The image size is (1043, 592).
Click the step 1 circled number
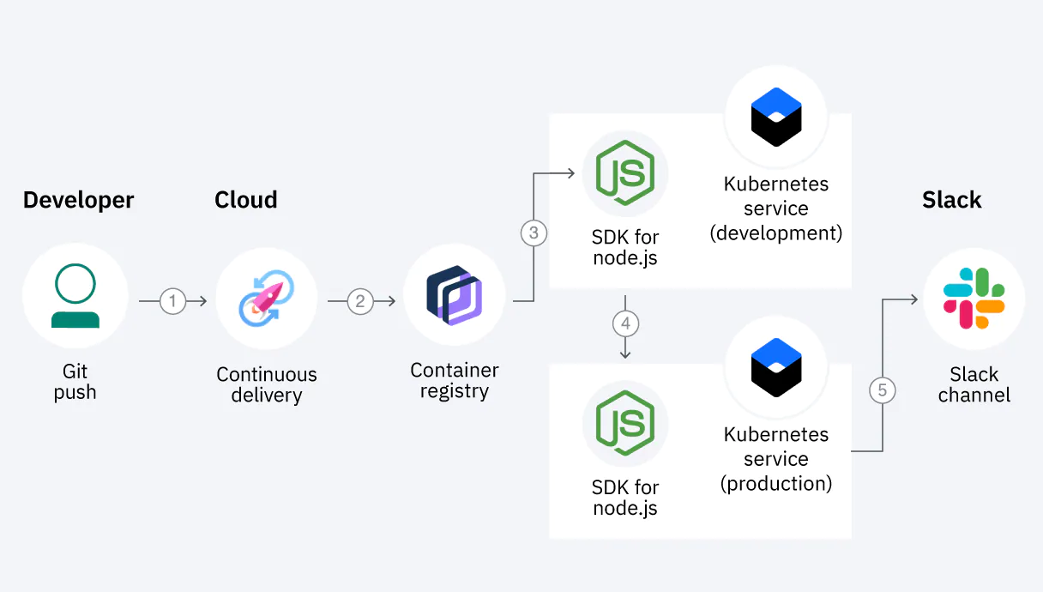(172, 301)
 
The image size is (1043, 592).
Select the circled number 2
(360, 301)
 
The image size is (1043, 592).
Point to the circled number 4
(625, 324)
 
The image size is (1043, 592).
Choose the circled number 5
(882, 391)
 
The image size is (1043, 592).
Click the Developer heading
(78, 200)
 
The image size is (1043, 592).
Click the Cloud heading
(246, 200)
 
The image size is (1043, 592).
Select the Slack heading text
(951, 200)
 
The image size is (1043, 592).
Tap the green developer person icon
(75, 296)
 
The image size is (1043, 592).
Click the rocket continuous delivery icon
(267, 297)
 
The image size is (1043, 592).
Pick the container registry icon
(454, 295)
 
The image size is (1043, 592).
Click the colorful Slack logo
(974, 297)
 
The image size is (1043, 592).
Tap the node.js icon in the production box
(625, 423)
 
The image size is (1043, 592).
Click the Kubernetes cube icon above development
(775, 118)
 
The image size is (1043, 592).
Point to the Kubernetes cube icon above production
(775, 369)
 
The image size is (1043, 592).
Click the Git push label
(75, 382)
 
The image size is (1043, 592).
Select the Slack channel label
(974, 385)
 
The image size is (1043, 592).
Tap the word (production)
(776, 484)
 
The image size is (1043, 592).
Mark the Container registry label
(454, 381)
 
